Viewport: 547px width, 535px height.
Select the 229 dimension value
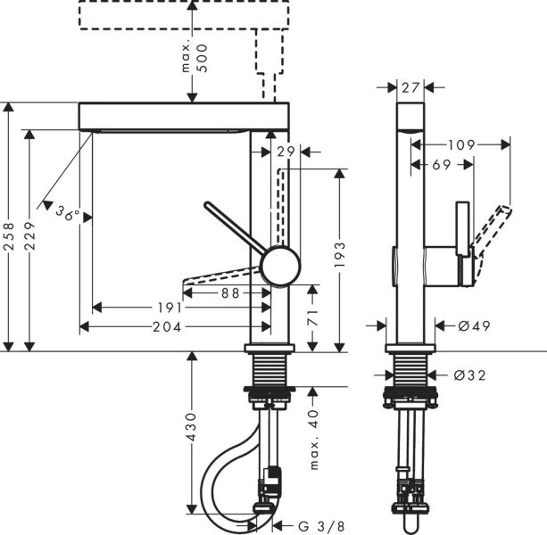(x=31, y=239)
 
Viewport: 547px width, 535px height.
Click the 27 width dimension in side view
(x=410, y=87)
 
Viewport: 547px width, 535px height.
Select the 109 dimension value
(x=461, y=144)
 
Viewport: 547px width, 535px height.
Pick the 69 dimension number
(x=441, y=164)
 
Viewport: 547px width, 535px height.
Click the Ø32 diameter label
(x=469, y=375)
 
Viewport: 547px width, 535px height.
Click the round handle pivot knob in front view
(x=279, y=267)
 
